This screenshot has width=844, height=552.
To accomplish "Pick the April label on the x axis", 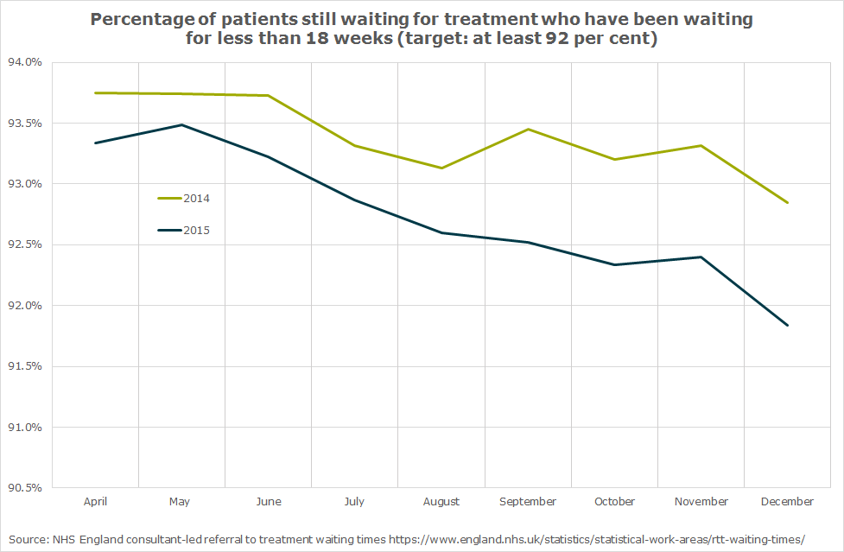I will (x=95, y=502).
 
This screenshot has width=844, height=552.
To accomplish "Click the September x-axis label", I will (x=528, y=502).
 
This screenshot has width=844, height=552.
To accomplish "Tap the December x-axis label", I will (x=787, y=502).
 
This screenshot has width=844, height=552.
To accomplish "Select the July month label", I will (x=354, y=502).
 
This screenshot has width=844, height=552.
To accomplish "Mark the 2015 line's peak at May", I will (x=181, y=124).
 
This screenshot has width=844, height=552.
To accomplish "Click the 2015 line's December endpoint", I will (x=788, y=326).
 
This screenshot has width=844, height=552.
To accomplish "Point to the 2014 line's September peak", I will (x=528, y=130).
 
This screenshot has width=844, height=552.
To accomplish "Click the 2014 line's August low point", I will (x=441, y=168).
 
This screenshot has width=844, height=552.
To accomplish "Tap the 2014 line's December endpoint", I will (x=788, y=203).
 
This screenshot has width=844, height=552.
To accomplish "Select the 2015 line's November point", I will (x=701, y=257).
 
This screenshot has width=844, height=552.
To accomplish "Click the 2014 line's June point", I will (x=268, y=96).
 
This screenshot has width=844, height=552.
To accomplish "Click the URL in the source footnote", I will (x=596, y=538).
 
